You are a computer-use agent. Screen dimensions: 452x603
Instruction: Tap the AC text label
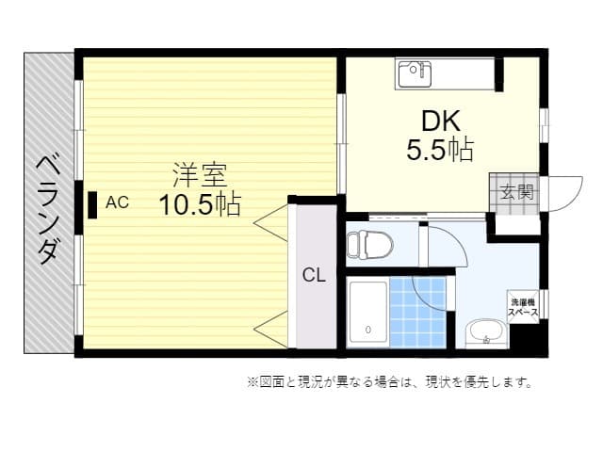117,202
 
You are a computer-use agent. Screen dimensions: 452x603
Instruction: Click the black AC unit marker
93,204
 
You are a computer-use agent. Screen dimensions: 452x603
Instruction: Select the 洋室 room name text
199,174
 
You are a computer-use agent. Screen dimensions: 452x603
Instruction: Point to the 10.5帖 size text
199,202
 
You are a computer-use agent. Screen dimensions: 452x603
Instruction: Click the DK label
440,121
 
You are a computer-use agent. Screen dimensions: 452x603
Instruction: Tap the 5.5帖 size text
440,149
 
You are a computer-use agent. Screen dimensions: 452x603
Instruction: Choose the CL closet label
314,275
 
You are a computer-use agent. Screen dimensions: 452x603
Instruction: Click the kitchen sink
414,72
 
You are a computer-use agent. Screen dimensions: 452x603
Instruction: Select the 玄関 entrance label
516,192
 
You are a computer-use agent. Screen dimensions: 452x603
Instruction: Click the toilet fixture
368,245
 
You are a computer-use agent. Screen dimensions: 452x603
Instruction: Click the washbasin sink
485,332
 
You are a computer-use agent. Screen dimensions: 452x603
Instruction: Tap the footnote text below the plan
390,382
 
